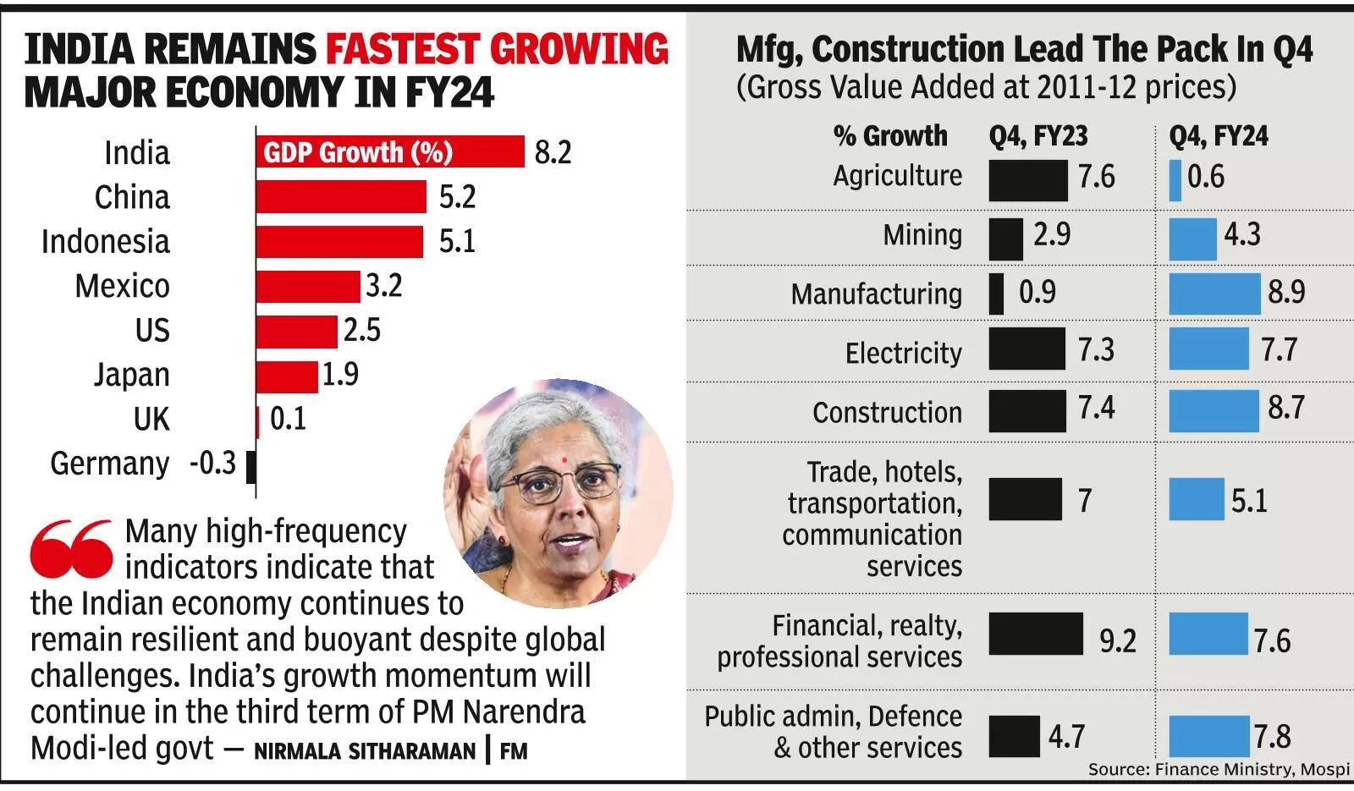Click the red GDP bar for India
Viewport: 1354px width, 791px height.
coord(389,152)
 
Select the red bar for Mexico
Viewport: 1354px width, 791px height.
coord(308,287)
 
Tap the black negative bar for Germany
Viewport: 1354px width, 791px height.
coord(251,466)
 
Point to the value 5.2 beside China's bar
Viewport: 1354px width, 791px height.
coord(457,197)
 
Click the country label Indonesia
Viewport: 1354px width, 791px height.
coord(106,242)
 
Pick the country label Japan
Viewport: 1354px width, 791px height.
coord(131,375)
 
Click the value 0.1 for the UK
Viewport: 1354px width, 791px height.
coord(288,419)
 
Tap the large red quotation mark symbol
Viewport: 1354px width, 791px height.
coord(71,548)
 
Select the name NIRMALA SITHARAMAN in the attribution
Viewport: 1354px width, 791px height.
coord(365,751)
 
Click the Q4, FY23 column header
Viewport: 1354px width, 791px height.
coord(1038,136)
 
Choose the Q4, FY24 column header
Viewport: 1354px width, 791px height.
coord(1219,136)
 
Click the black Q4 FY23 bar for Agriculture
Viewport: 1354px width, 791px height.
coord(1028,179)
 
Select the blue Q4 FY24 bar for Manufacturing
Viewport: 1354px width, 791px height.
coord(1214,294)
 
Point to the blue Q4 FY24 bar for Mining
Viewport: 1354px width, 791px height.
coord(1192,239)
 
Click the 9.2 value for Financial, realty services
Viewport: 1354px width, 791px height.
coord(1117,641)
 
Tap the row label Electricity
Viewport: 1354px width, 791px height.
coord(903,353)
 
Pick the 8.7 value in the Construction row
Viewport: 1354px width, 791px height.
coord(1285,409)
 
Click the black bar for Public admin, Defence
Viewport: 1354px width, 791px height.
coord(1014,736)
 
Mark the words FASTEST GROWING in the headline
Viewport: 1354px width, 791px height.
coord(497,49)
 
